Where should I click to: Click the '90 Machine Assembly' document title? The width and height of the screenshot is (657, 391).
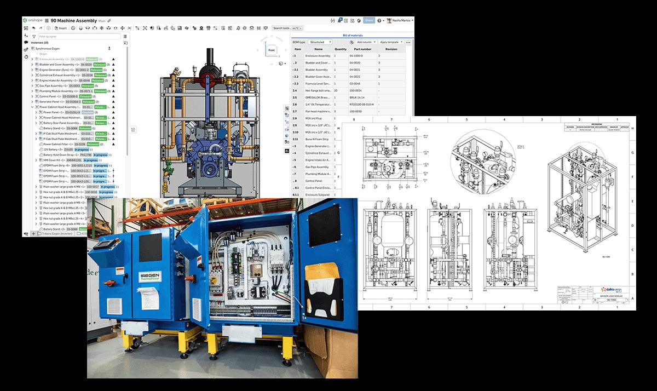tap(73, 20)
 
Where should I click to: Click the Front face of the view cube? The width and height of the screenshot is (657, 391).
tap(272, 50)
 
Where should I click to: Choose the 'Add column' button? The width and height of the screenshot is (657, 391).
tap(364, 42)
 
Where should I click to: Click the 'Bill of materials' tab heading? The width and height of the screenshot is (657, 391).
tap(353, 35)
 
